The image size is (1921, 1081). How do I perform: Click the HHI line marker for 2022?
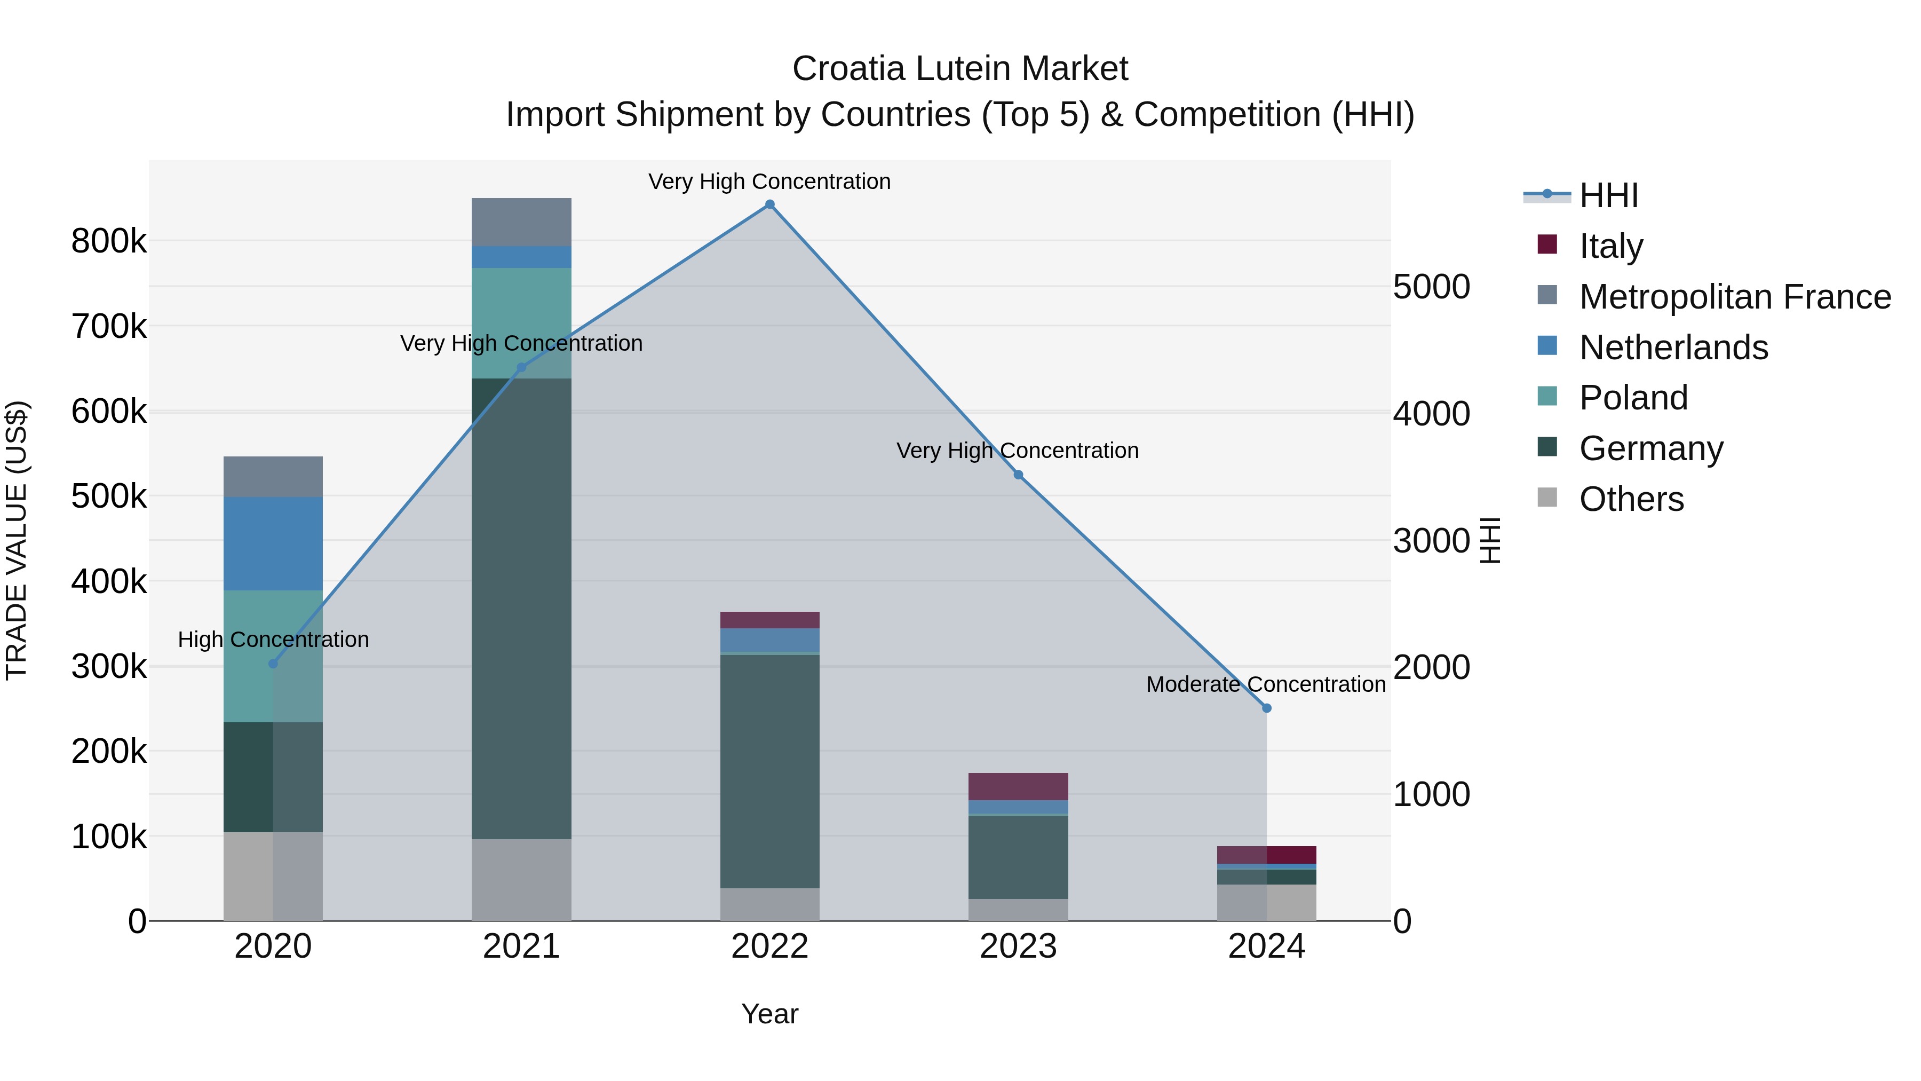click(769, 204)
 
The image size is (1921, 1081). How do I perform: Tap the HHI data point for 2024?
click(1266, 708)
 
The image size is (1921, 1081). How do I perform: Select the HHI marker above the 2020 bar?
click(273, 663)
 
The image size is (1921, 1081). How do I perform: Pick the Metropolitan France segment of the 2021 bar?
click(521, 222)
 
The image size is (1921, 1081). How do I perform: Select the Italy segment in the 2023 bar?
click(1018, 786)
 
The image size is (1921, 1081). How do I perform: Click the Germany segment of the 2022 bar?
click(769, 771)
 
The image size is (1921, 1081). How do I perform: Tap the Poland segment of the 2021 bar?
click(521, 322)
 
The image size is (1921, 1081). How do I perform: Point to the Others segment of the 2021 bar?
click(521, 880)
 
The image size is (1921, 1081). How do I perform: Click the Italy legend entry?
click(1611, 246)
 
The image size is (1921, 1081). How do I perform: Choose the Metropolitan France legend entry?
click(1735, 296)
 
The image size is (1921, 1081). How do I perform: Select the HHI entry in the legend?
click(1608, 195)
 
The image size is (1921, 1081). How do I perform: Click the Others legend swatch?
click(1547, 497)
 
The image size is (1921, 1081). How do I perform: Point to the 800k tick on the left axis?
click(109, 241)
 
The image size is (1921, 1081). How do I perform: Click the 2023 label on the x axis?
click(1018, 946)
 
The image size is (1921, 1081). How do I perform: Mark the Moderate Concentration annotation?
click(1266, 684)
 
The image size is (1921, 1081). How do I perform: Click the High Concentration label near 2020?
click(273, 640)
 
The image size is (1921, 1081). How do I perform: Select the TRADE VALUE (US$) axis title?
click(17, 540)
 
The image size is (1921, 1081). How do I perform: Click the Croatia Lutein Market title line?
click(960, 69)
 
